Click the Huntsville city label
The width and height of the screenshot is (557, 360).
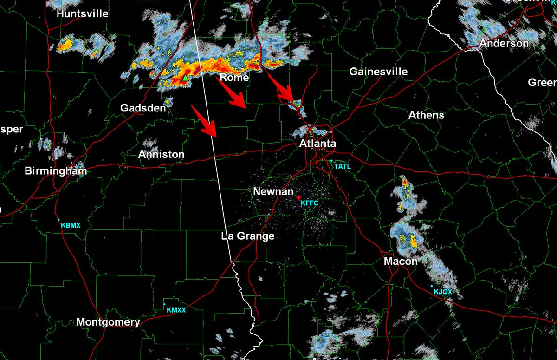point(83,14)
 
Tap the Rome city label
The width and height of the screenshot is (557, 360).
point(234,78)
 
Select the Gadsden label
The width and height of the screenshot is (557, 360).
point(143,108)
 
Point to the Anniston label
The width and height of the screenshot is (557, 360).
point(162,154)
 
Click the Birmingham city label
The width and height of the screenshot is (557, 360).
point(56,171)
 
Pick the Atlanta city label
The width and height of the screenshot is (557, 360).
point(317,144)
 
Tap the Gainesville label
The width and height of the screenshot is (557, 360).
point(378,72)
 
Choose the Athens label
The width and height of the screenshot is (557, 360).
point(426,115)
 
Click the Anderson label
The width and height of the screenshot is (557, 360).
point(504,43)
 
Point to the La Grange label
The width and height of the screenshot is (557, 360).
point(248,236)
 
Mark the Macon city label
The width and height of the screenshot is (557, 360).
point(401,262)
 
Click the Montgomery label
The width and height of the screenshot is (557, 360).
point(108,322)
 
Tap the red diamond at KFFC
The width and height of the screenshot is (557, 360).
point(298,197)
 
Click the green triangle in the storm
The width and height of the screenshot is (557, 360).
point(185,78)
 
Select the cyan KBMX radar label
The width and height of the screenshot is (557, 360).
point(71,225)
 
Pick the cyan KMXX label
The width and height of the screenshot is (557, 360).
point(176,310)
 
